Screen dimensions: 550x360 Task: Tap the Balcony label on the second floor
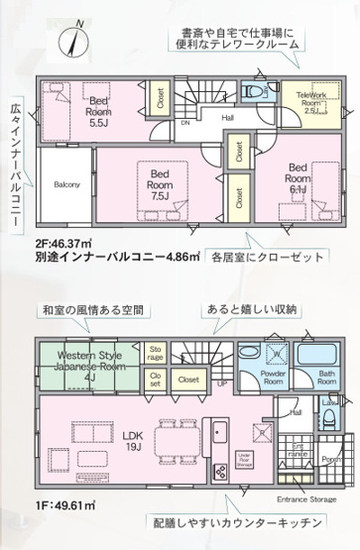tap(66, 183)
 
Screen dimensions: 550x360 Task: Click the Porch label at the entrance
tap(331, 458)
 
